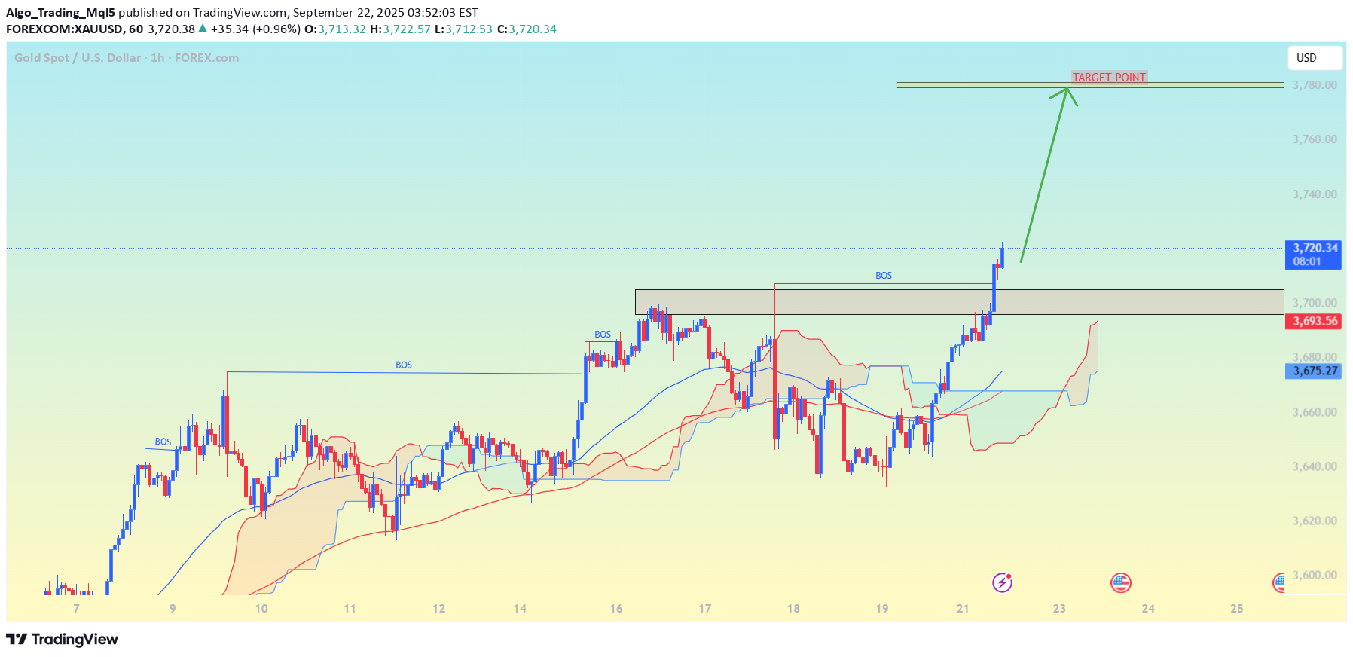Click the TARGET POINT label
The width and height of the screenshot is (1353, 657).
1109,78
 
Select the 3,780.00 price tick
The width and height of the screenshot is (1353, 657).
1315,85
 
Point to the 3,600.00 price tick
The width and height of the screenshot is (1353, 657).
1315,575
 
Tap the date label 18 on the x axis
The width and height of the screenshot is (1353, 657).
793,609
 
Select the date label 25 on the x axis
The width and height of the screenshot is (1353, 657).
1236,609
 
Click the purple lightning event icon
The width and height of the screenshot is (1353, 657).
1002,582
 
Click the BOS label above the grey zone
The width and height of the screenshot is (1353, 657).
884,276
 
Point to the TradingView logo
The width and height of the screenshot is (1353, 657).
63,640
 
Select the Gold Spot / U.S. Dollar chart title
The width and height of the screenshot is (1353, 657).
127,58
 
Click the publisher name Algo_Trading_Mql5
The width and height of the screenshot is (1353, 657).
60,13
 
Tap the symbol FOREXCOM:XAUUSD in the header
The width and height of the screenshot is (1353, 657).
64,29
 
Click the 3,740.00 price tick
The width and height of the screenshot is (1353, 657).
1315,194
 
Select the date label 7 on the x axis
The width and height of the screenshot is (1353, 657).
76,609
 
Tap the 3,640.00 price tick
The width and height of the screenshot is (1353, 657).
1315,466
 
